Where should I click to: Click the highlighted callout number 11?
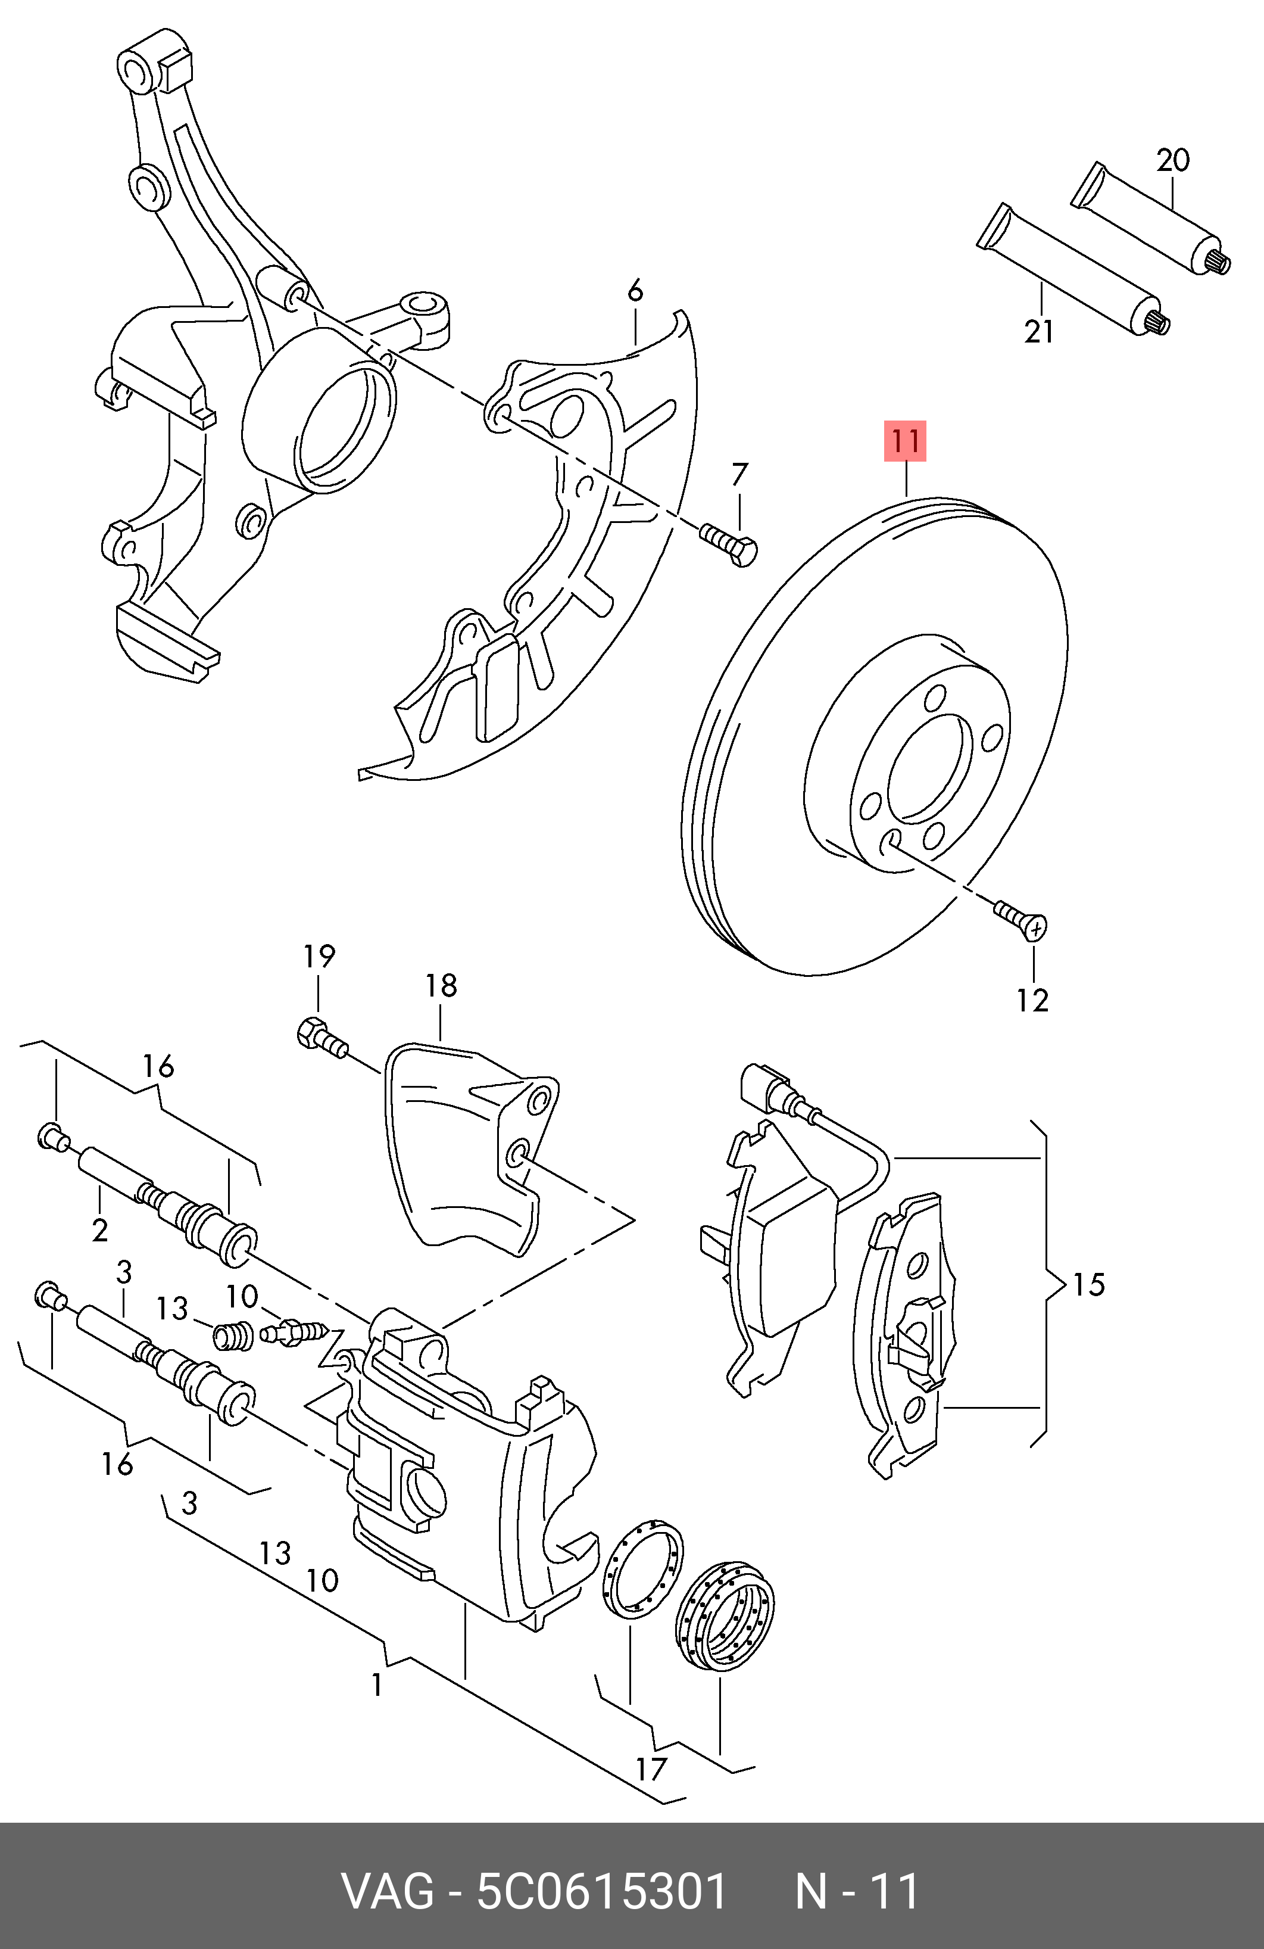[904, 441]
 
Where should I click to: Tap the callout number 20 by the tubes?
[1172, 160]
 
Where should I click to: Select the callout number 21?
[1039, 332]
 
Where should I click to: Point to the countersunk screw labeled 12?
[1022, 920]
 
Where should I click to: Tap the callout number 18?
[441, 985]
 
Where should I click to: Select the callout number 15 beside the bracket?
[1088, 1284]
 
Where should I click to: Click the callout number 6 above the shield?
[635, 291]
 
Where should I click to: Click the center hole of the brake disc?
[930, 765]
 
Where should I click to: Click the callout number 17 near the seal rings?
[651, 1770]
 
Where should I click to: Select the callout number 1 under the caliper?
[376, 1685]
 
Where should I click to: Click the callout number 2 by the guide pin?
[100, 1230]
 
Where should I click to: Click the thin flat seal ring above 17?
[642, 1570]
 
